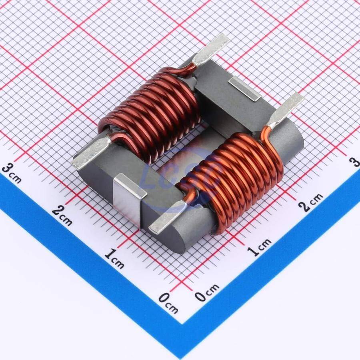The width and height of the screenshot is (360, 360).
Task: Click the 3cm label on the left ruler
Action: click(x=12, y=173)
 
